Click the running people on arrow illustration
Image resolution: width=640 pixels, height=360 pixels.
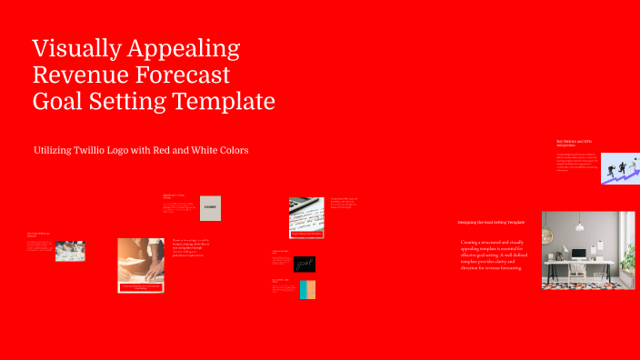click(620, 167)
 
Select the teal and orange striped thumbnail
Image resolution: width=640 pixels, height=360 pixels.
click(307, 290)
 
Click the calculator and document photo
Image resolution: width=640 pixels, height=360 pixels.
click(306, 217)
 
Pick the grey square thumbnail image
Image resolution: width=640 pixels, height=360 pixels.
click(210, 208)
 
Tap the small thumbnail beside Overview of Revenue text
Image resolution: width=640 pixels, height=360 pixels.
click(70, 251)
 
